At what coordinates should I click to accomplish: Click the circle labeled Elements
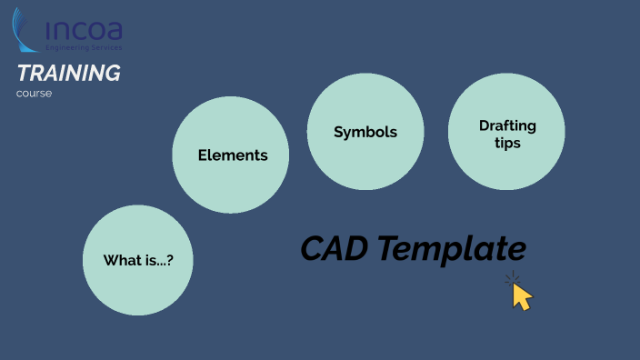tap(232, 155)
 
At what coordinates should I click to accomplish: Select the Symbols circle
tap(365, 132)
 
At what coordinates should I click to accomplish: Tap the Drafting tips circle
tap(507, 133)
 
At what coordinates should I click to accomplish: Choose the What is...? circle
tap(139, 260)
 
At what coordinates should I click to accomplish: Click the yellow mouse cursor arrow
tap(521, 296)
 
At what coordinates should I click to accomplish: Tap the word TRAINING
tap(68, 74)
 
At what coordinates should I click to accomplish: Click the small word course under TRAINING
tap(34, 93)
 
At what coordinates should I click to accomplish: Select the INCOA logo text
tap(85, 31)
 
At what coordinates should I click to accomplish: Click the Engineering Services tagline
tap(85, 46)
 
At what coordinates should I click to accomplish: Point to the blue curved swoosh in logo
tap(25, 27)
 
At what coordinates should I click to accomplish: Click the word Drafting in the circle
tap(507, 125)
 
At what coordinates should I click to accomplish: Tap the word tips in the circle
tap(507, 143)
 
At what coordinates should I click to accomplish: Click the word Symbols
tap(365, 132)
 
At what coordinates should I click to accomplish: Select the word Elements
tap(233, 155)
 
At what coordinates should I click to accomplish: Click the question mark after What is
tap(169, 261)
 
